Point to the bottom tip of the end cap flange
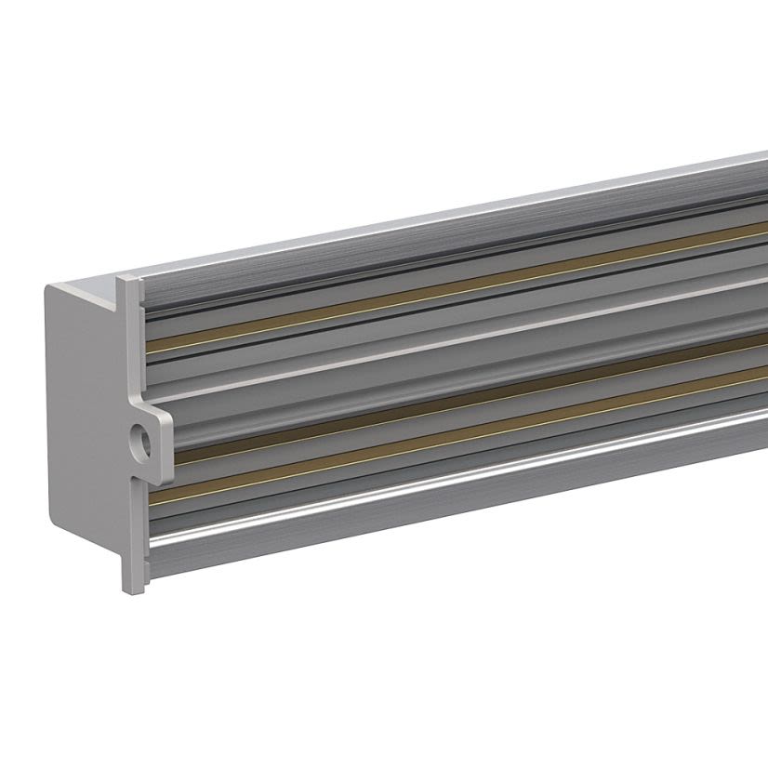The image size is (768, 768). tap(134, 586)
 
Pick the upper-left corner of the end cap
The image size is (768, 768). tap(48, 288)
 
